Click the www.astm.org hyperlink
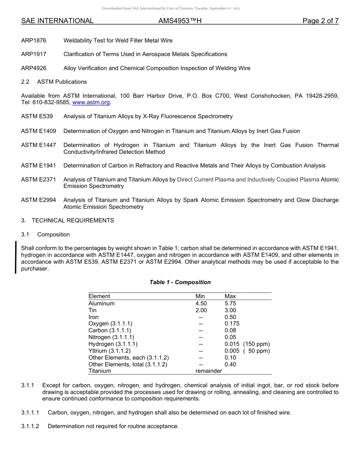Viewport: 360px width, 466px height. pos(91,103)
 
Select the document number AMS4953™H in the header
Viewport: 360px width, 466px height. pos(180,21)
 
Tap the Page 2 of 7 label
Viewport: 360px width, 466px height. pos(320,21)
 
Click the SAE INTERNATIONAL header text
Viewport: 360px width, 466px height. pos(57,21)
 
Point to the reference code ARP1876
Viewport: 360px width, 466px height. pos(34,41)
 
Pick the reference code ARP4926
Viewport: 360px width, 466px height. pos(34,68)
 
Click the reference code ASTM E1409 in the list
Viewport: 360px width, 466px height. pos(39,131)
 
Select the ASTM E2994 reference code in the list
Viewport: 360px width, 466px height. pos(39,200)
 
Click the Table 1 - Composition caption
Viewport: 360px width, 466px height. pos(180,282)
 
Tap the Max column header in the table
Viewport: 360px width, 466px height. pos(230,296)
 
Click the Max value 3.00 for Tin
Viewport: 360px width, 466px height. pos(230,310)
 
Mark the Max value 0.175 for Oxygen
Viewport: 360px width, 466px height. pos(232,324)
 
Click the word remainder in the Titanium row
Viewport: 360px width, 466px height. pos(208,371)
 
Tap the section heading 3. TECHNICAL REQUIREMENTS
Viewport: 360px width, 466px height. pos(67,220)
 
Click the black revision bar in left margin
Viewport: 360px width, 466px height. pos(16,257)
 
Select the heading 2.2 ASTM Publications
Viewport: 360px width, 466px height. pos(54,82)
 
